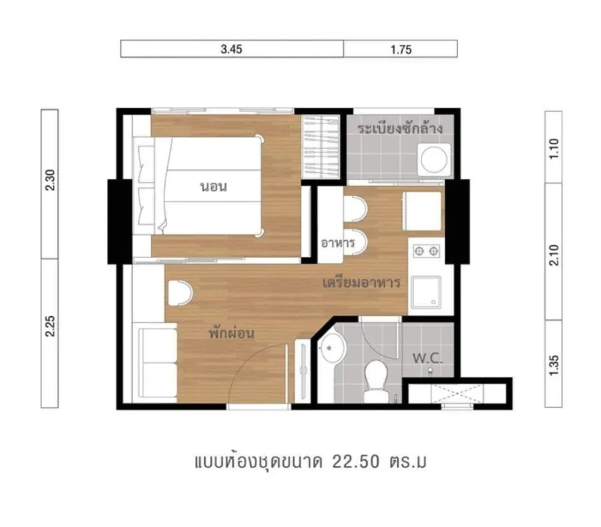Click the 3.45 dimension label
tap(232, 49)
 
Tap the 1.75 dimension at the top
tap(401, 49)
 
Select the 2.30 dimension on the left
tap(50, 179)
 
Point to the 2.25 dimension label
tap(50, 326)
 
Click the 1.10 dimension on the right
tap(554, 149)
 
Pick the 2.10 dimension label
tap(554, 255)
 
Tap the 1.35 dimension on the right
tap(554, 365)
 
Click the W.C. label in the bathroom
tap(428, 358)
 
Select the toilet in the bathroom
tap(376, 381)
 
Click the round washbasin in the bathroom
tap(333, 348)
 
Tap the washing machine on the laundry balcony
tap(434, 159)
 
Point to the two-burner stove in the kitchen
tap(426, 251)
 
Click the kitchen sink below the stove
tap(426, 292)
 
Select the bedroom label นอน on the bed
tap(214, 187)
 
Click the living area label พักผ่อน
tap(231, 333)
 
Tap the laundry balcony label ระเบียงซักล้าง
tap(400, 128)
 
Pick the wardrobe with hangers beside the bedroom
tap(321, 147)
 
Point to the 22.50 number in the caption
tap(356, 462)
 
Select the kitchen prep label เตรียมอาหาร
tap(362, 283)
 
